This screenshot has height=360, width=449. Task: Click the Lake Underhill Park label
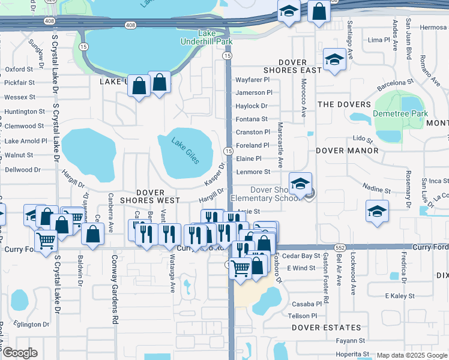(206, 37)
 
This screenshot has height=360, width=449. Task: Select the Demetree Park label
(400, 113)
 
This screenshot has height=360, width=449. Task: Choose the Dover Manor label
(347, 151)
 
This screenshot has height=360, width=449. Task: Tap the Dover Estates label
(327, 328)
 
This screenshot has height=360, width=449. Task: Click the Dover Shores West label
(150, 196)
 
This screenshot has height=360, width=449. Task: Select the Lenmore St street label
(253, 172)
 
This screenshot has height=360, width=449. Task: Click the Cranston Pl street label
(253, 132)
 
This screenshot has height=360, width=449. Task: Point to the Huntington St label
(25, 112)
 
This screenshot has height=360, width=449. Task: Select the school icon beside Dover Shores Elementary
(300, 183)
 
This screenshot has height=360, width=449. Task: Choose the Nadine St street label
(378, 190)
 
